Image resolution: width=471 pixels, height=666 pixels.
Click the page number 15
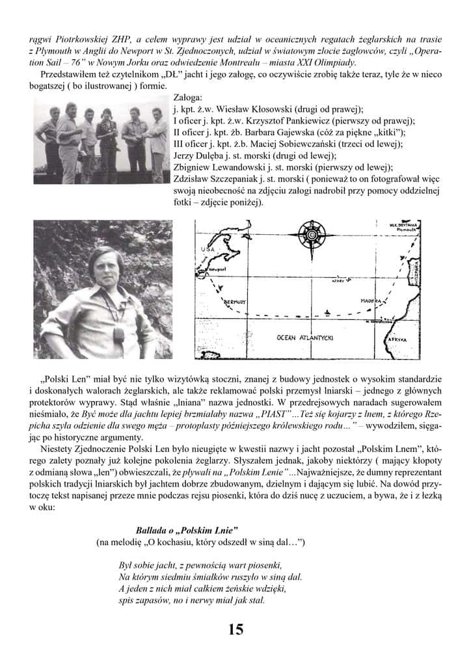click(x=235, y=629)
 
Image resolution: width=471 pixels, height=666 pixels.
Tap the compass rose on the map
click(x=313, y=232)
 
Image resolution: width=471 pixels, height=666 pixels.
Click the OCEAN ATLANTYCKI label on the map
click(x=305, y=338)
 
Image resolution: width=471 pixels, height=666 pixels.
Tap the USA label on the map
click(x=208, y=250)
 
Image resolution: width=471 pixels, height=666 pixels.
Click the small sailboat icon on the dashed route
click(x=331, y=311)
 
